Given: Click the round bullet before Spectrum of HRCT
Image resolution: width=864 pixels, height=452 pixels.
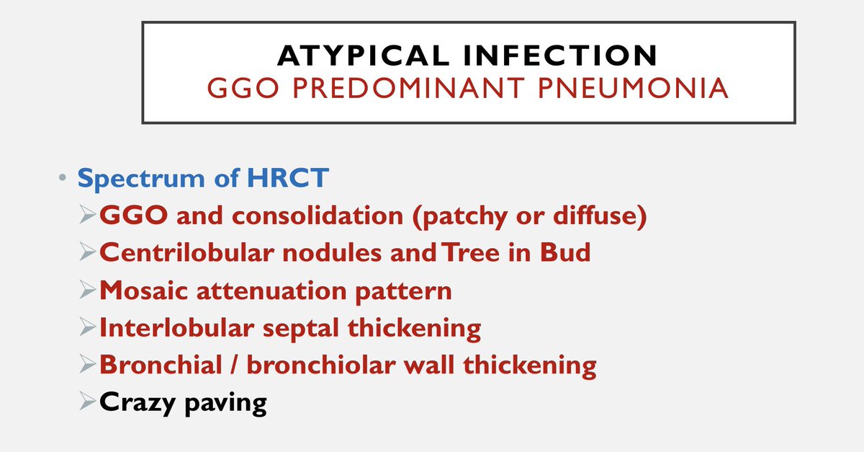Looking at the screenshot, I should pos(63,179).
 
